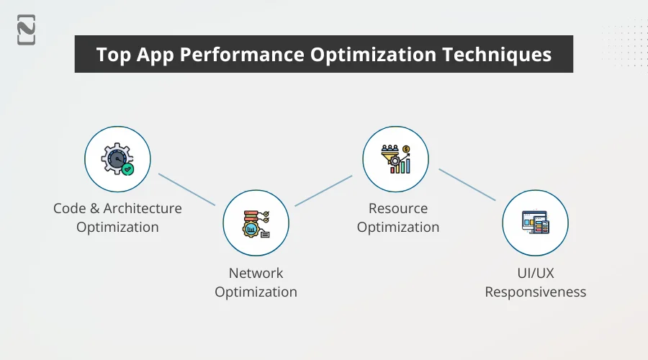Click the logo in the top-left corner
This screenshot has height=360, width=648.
pos(27,30)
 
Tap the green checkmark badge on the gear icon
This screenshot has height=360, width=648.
pos(127,169)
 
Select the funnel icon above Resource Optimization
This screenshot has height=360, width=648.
pos(395,159)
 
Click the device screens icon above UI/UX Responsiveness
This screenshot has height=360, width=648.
pos(535,223)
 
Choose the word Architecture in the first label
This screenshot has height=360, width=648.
pos(142,209)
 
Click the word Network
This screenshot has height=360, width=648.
pos(256,274)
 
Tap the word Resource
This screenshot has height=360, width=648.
pos(398,209)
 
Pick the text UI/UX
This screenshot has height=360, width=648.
pos(535,274)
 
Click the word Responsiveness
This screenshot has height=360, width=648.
pos(535,292)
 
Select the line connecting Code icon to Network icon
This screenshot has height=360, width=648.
pos(186,189)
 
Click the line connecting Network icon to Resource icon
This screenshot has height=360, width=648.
pos(323,191)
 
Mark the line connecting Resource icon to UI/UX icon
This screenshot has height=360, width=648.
pos(467,185)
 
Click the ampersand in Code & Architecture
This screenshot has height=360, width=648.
pos(93,209)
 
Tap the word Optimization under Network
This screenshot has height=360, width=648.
pos(256,292)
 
